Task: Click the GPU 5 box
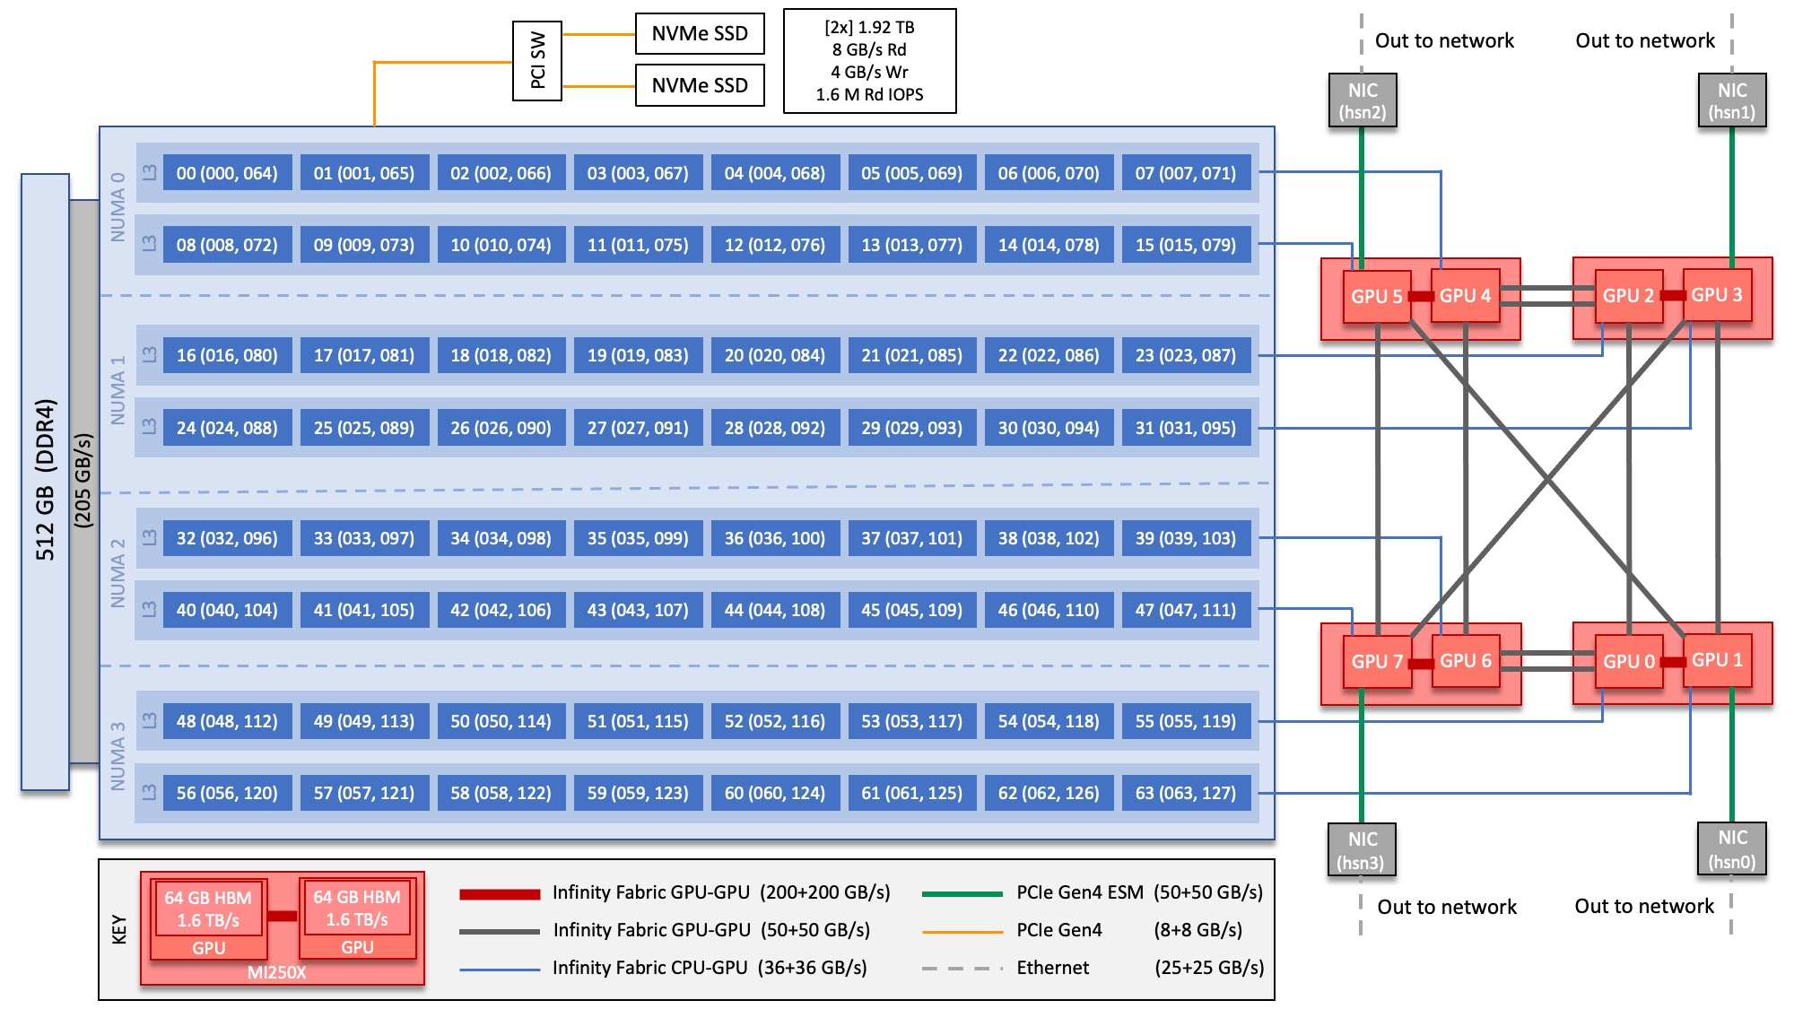1377,296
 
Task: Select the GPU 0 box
1629,661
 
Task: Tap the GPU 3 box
1716,295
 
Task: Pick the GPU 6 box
1466,661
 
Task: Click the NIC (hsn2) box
1363,100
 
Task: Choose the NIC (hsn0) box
1732,848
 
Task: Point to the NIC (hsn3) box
1362,849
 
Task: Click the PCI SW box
537,61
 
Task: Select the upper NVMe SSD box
700,34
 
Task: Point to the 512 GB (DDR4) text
45,480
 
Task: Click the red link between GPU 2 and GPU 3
1672,295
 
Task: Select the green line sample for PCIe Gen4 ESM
962,893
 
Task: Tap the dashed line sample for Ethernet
962,969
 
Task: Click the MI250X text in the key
277,972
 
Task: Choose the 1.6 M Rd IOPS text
869,94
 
